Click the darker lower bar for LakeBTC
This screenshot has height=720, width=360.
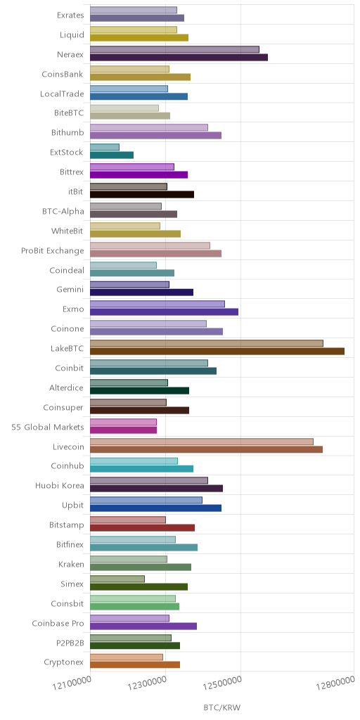[217, 352]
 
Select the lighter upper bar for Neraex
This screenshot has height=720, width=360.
[174, 49]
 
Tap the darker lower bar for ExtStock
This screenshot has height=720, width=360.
[112, 155]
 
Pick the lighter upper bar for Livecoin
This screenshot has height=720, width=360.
[202, 442]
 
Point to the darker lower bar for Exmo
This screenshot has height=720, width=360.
[164, 311]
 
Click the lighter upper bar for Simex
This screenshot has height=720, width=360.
[117, 579]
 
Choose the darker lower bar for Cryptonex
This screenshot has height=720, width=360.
[135, 664]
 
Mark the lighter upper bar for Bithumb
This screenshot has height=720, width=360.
[149, 128]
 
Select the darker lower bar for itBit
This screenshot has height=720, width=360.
[142, 194]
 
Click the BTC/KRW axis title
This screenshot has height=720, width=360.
[221, 707]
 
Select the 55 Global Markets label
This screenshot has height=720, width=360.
[48, 427]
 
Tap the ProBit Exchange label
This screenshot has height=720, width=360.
[53, 251]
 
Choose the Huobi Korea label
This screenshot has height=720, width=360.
[60, 487]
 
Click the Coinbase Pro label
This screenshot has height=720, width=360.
[58, 624]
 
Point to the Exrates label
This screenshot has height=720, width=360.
[71, 15]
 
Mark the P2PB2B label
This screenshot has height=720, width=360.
[70, 643]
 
